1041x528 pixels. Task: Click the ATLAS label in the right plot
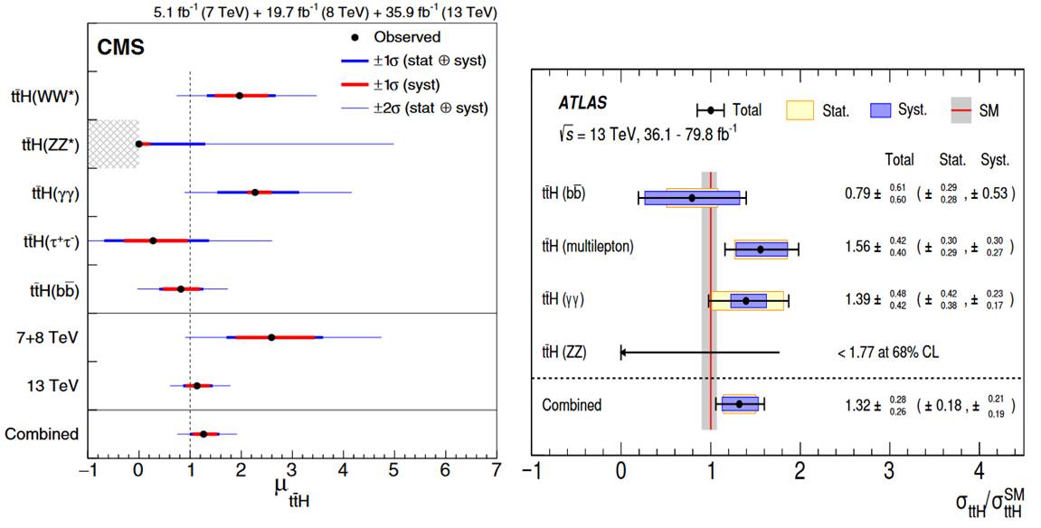pyautogui.click(x=582, y=103)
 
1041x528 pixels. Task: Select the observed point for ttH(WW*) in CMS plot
pyautogui.click(x=240, y=95)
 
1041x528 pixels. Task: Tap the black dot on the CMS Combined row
pyautogui.click(x=204, y=434)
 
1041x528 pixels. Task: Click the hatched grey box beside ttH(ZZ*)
pyautogui.click(x=113, y=144)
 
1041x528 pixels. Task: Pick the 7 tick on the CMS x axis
pyautogui.click(x=496, y=469)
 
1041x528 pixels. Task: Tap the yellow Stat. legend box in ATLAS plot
pyautogui.click(x=801, y=109)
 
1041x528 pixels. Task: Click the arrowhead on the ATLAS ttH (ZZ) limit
pyautogui.click(x=622, y=352)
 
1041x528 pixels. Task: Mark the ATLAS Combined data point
pyautogui.click(x=739, y=404)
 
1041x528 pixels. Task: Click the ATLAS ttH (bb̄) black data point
pyautogui.click(x=692, y=197)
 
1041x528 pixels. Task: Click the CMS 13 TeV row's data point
pyautogui.click(x=197, y=385)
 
